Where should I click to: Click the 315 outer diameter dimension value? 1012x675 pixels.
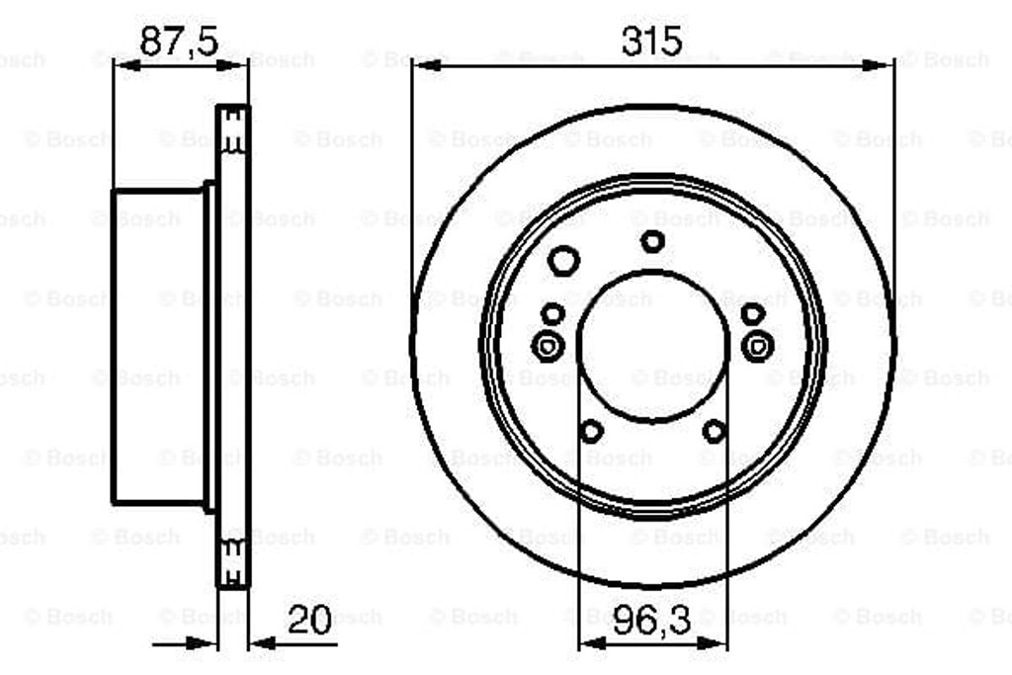(x=652, y=41)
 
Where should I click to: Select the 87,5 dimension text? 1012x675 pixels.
(x=178, y=41)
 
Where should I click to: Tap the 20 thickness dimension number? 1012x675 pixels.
(x=309, y=620)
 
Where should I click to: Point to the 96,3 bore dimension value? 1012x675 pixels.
(x=652, y=622)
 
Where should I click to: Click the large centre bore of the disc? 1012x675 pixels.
(x=652, y=346)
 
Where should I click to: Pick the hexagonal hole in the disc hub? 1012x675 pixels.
(x=563, y=261)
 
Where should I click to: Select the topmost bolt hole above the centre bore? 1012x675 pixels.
(x=652, y=240)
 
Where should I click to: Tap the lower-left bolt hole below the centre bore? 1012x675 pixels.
(x=591, y=431)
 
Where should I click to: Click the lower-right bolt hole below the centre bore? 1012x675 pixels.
(x=714, y=431)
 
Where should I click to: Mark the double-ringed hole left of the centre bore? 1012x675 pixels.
(x=546, y=346)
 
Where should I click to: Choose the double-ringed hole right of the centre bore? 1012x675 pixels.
(x=758, y=346)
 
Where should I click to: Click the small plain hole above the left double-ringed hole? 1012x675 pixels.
(x=554, y=314)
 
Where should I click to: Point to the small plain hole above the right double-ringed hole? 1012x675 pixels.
(x=753, y=314)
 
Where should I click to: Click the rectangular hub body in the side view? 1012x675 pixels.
(x=158, y=346)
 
